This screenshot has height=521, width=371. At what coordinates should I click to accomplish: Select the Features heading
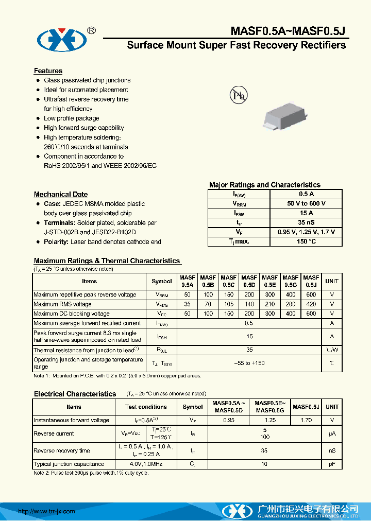click(x=48, y=71)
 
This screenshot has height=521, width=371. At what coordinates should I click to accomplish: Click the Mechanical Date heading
click(x=60, y=195)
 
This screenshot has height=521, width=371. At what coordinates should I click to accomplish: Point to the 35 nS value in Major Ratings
click(x=306, y=222)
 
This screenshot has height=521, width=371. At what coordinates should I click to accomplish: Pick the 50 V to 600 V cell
click(x=306, y=204)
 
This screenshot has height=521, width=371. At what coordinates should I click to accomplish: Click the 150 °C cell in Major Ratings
click(x=306, y=241)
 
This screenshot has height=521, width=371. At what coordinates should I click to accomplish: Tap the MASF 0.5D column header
click(x=249, y=281)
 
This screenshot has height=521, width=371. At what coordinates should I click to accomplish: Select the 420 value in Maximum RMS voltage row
click(x=311, y=304)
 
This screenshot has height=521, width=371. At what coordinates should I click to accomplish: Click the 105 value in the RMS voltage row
click(x=229, y=304)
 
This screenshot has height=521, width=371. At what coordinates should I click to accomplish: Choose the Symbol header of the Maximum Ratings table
click(x=162, y=282)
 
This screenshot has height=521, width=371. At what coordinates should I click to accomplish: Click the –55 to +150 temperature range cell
click(x=249, y=363)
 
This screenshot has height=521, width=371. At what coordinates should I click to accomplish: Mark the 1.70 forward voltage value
click(x=306, y=421)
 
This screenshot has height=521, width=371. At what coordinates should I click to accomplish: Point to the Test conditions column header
click(x=146, y=407)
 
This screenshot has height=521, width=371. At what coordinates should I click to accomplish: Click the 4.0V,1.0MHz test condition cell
click(x=146, y=464)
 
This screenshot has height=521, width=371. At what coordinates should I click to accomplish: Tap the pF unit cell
click(x=332, y=464)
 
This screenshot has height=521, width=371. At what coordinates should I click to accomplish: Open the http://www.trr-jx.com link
click(x=46, y=511)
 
